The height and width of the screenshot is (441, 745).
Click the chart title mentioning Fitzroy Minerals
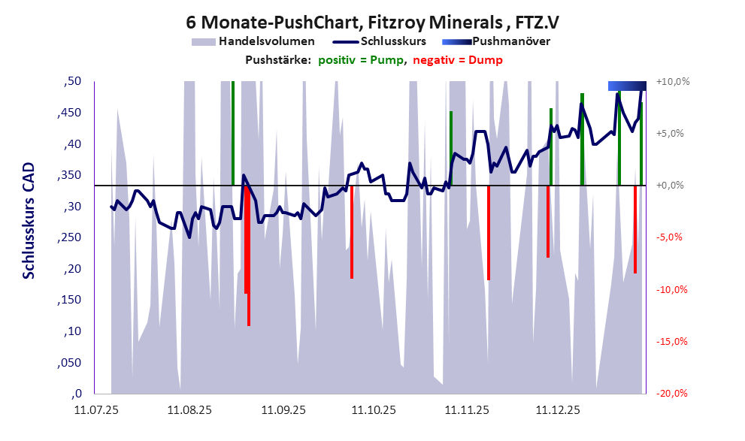coord(372,23)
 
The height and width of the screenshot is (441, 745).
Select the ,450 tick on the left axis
coord(71,113)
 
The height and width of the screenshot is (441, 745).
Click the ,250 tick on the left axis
coord(71,237)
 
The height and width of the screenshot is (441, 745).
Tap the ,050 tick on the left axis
coord(71,362)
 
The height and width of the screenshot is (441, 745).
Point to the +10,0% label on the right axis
coord(673,81)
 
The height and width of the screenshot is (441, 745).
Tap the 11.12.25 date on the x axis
coord(557,410)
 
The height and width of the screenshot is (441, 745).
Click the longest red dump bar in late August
coord(249,255)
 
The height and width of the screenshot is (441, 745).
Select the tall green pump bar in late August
coord(233,132)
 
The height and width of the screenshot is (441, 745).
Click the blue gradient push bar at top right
coord(626,86)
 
